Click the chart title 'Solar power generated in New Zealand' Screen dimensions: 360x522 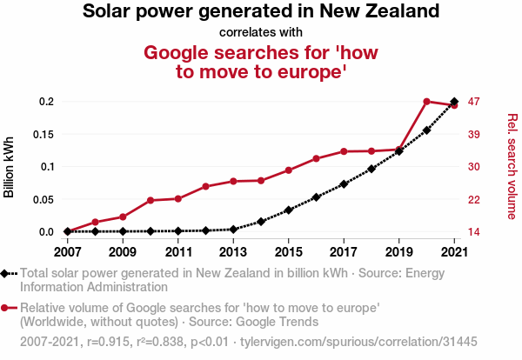tap(261, 12)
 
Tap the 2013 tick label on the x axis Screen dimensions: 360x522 tap(233, 252)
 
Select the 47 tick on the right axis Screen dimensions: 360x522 tap(474, 102)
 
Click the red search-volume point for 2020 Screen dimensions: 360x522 tap(426, 102)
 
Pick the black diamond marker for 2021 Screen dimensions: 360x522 tap(454, 102)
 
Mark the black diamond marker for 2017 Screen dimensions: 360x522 tap(344, 183)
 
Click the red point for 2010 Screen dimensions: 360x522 tap(151, 201)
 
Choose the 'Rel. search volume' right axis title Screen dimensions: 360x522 tap(512, 166)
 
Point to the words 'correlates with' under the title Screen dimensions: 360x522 tap(261, 33)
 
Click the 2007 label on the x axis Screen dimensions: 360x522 tap(67, 252)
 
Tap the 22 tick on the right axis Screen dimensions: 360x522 tap(474, 199)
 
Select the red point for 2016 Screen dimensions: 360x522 tap(316, 158)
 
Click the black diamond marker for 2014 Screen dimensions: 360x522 tap(261, 222)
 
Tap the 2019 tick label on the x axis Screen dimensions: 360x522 tap(398, 252)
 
